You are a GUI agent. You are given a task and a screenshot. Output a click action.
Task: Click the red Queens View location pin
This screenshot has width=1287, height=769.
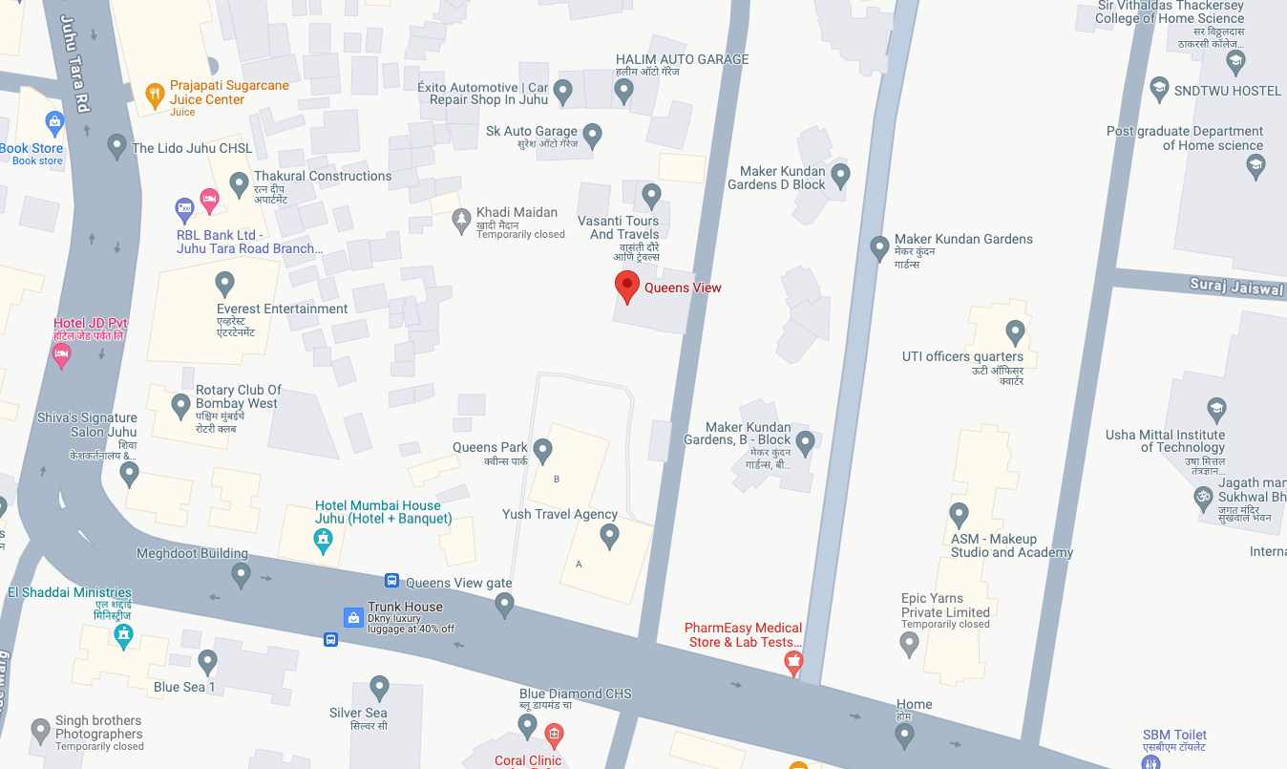coord(626,286)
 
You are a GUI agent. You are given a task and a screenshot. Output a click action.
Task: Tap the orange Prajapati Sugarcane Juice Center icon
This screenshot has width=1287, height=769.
coord(155,94)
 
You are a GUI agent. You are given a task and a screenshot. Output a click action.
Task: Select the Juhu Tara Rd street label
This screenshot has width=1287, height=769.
coord(74,63)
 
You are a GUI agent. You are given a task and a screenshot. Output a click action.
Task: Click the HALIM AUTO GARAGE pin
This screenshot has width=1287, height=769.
coord(623,91)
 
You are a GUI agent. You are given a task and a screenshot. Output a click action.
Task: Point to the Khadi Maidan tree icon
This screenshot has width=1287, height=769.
coord(461,221)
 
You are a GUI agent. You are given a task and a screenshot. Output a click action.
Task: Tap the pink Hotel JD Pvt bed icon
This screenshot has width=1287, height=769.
coord(61,355)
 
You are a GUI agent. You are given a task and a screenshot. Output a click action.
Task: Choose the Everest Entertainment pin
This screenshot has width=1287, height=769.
coord(224,283)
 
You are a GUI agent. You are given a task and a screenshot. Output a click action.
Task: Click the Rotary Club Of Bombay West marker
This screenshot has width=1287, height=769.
coord(180,405)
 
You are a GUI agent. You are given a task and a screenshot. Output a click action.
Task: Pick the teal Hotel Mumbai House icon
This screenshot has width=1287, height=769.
coord(325,541)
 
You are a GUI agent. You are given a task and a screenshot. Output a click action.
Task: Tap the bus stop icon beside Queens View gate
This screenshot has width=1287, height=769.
coord(391,581)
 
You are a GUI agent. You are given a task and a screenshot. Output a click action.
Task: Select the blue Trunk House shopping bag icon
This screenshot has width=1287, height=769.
coord(352,617)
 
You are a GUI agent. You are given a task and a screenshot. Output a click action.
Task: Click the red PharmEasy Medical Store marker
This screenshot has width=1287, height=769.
coord(792,663)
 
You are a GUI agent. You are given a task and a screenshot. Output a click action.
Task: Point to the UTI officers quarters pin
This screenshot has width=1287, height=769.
coord(1015,332)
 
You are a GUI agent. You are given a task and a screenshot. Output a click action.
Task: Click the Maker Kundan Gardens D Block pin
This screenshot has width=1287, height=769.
coord(840,175)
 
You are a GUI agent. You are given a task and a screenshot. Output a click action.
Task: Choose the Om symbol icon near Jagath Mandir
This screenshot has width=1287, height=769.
coord(1202,497)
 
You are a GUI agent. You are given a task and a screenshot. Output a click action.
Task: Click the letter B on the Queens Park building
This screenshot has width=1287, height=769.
coord(557,479)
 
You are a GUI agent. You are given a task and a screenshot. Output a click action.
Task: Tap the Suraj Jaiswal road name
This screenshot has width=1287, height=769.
coord(1235,286)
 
